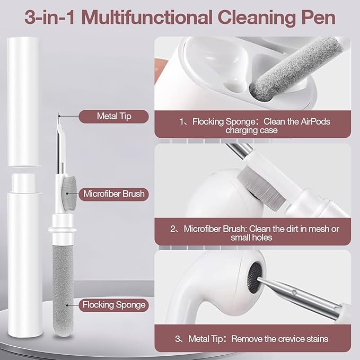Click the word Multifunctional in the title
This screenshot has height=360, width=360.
[x=146, y=17]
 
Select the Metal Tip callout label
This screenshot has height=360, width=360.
[x=114, y=117]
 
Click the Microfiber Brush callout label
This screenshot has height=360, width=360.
[x=114, y=194]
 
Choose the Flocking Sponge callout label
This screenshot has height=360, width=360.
[x=114, y=305]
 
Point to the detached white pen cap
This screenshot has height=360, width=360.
[x=24, y=101]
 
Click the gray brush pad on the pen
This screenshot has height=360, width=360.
[x=69, y=194]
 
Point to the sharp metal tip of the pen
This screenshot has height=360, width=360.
[x=59, y=114]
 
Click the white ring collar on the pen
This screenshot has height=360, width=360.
[x=62, y=230]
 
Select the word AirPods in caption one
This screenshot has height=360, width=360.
[x=315, y=121]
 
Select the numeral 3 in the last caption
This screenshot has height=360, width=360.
[x=177, y=339]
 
